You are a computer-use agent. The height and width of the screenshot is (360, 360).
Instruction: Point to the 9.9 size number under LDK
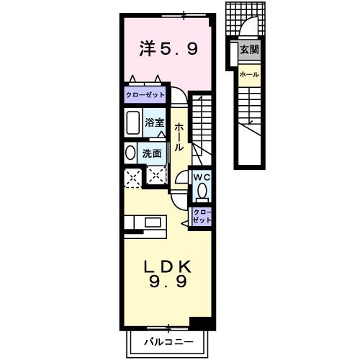pos(168,282)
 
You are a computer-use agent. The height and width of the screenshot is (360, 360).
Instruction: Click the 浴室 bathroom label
pos(154,122)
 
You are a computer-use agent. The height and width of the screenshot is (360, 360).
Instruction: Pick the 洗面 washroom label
pos(151,153)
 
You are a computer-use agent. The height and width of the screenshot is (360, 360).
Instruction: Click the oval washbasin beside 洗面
pos(130,153)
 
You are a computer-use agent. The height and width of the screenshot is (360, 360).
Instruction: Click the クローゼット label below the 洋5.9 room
pos(145,94)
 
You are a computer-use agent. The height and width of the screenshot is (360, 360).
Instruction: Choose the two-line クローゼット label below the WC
pos(202,216)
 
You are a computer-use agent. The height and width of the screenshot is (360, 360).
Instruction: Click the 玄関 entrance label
pos(249,50)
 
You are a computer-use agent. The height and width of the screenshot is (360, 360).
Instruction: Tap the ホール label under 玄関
pos(249,74)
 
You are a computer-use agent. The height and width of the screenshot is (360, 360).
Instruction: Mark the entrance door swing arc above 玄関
pos(248,29)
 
